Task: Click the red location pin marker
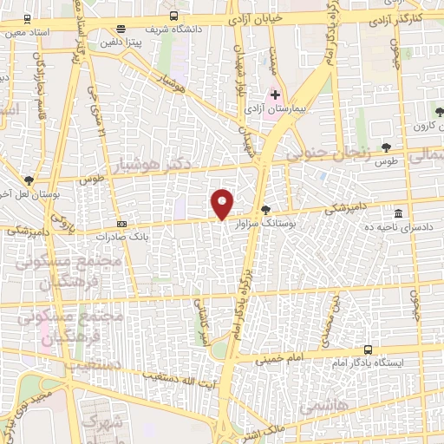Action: click(x=223, y=204)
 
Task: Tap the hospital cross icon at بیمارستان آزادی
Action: click(x=276, y=95)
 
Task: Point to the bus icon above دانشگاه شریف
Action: click(x=174, y=16)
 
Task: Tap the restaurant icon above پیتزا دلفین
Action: click(x=120, y=29)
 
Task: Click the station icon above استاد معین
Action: click(x=27, y=18)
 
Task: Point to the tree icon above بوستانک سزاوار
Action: click(x=265, y=209)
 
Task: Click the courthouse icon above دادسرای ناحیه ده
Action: click(x=398, y=213)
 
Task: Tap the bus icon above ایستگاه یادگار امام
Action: click(x=369, y=349)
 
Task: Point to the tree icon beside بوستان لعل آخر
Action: click(x=30, y=180)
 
